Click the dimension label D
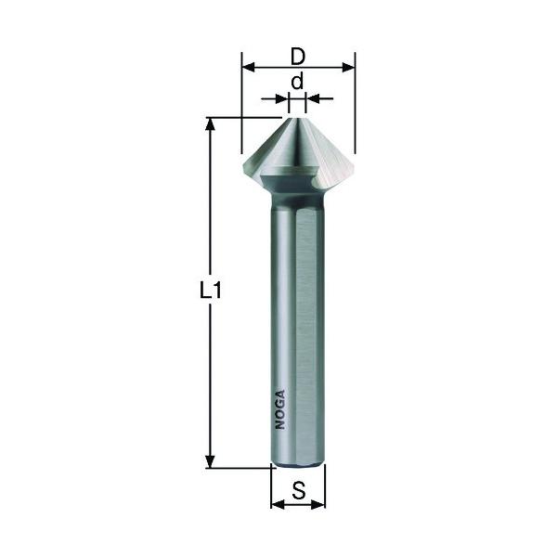(298, 57)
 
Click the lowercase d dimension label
(297, 81)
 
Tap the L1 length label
(211, 290)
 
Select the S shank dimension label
(298, 490)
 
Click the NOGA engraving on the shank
(280, 409)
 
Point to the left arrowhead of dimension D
(248, 67)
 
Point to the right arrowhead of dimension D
(348, 67)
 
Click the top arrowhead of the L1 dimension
(211, 124)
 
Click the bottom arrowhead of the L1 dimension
(211, 461)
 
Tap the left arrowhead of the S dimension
(278, 504)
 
